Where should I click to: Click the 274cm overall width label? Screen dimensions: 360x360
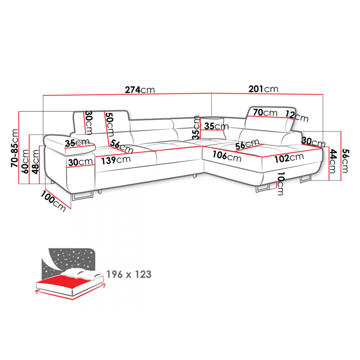tap(140, 90)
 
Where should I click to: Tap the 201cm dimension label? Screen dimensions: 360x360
tap(263, 89)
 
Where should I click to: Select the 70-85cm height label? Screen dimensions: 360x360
tap(15, 148)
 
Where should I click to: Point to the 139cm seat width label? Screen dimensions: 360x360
tap(116, 160)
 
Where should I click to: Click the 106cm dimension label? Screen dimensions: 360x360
tap(227, 156)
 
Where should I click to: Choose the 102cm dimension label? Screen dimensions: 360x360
tap(289, 158)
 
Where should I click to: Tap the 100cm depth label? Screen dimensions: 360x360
tap(53, 201)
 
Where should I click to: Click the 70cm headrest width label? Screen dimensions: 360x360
tap(265, 112)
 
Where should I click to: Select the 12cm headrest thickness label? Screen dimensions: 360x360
tap(297, 116)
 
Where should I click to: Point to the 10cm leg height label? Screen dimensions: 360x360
tap(280, 184)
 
